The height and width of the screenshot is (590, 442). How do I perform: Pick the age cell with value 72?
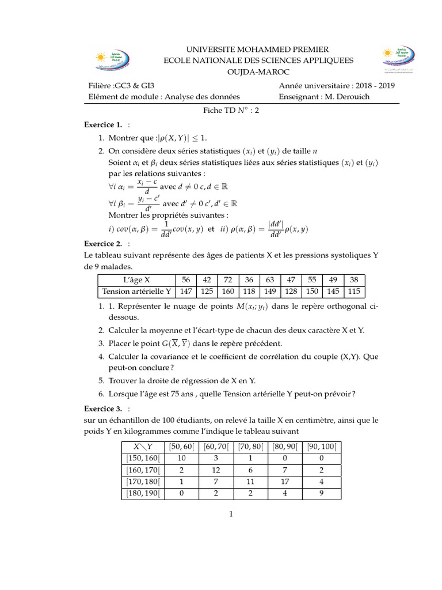[x=227, y=279]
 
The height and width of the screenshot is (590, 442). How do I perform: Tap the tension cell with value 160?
[x=227, y=292]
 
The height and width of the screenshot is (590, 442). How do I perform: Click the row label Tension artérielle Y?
[x=136, y=292]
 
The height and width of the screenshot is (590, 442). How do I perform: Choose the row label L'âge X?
[x=136, y=279]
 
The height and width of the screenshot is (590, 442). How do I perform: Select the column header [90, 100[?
[x=322, y=445]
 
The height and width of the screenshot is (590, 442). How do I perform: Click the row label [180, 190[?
[x=142, y=493]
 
